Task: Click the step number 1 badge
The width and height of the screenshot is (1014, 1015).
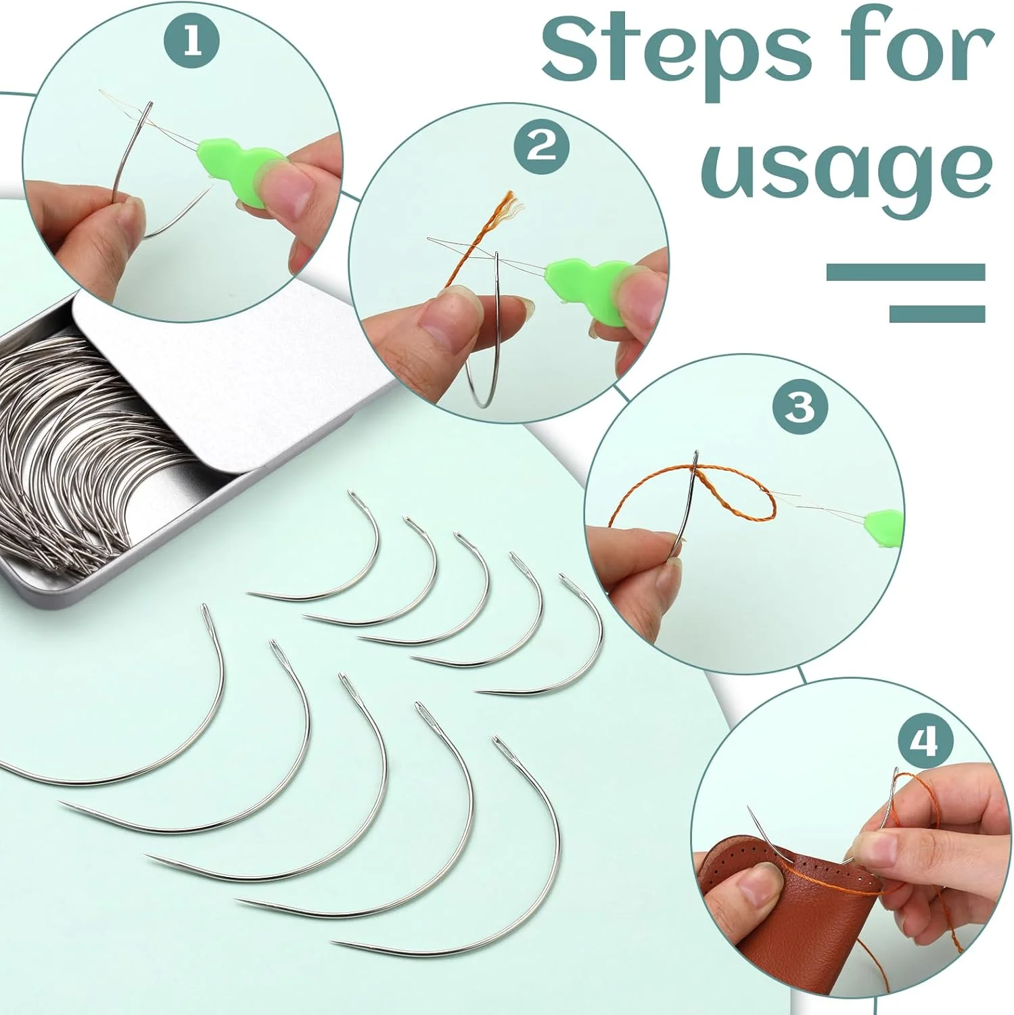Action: pyautogui.click(x=192, y=42)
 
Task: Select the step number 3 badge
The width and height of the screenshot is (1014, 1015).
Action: pyautogui.click(x=800, y=407)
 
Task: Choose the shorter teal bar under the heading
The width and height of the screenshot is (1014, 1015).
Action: pyautogui.click(x=937, y=313)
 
